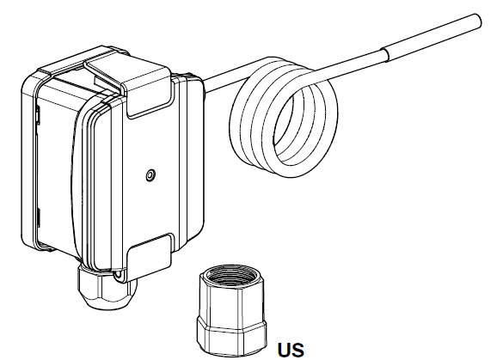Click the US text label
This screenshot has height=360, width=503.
click(291, 350)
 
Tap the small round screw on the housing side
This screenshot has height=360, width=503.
click(150, 175)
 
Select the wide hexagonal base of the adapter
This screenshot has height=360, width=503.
click(231, 336)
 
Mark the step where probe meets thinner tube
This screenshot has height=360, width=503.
click(385, 56)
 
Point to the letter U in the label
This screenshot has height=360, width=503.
click(284, 350)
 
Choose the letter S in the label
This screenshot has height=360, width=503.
click(298, 350)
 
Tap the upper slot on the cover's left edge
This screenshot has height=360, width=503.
click(38, 116)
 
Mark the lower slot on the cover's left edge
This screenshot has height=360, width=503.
click(38, 218)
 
